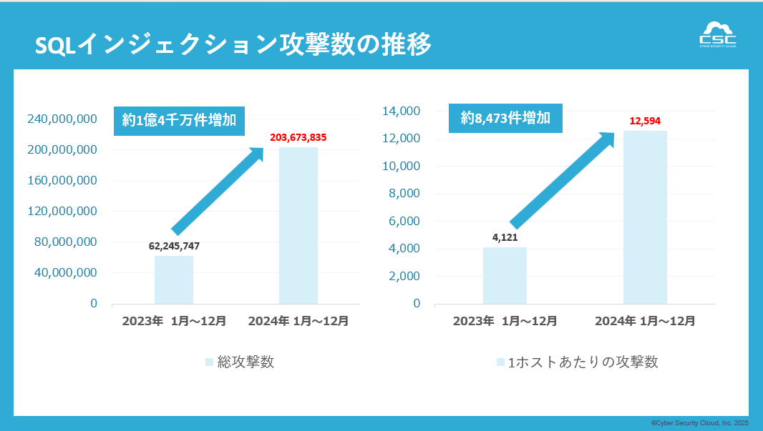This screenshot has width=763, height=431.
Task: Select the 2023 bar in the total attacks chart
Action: point(174,279)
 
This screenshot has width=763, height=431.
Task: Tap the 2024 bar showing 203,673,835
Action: point(298,225)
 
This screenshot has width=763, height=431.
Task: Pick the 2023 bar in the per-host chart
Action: point(505,275)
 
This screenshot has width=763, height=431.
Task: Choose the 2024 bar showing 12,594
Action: point(645,217)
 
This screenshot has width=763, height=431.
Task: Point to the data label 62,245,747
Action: point(174,246)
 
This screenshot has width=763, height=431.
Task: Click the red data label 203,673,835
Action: point(298,137)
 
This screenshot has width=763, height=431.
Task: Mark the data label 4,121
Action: point(505,237)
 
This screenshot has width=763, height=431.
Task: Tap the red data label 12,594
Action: point(645,121)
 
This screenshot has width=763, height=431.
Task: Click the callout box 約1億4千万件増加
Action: point(179,120)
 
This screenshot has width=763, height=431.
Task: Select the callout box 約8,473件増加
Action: point(505,118)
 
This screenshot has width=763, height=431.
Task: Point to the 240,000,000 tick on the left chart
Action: point(62,119)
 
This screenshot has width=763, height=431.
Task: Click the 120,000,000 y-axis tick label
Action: point(62,211)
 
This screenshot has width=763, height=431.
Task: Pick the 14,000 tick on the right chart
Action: point(401,111)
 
